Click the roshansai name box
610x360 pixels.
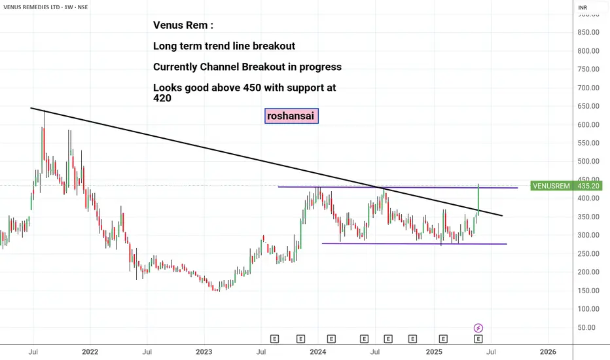pos(291,116)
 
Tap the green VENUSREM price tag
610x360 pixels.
pos(552,186)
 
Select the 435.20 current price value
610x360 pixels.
pos(586,186)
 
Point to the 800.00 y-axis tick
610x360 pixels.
pos(587,51)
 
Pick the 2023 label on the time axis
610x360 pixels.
pos(204,351)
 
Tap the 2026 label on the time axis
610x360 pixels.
pos(548,351)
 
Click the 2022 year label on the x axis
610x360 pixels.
pos(90,351)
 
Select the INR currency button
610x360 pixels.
pos(582,8)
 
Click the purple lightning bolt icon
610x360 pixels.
pos(478,328)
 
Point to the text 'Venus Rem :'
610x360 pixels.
pos(183,26)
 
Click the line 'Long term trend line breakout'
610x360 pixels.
pos(224,46)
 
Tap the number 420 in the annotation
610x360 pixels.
pos(162,98)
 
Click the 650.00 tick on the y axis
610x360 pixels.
pos(587,106)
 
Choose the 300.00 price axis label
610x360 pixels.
pos(587,235)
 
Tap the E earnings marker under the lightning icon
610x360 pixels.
pos(478,339)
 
